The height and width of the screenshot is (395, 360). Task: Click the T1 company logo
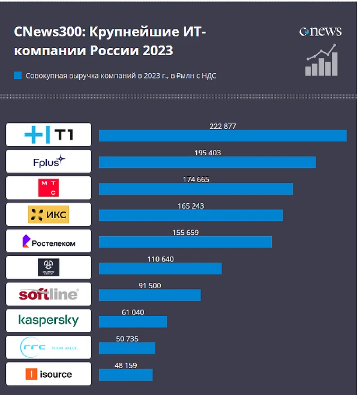pyautogui.click(x=49, y=135)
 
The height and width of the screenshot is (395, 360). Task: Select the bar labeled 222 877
pyautogui.click(x=223, y=135)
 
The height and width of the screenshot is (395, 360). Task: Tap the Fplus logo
pyautogui.click(x=49, y=161)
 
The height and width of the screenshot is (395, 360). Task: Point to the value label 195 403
pyautogui.click(x=207, y=153)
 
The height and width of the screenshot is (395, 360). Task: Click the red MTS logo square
pyautogui.click(x=49, y=188)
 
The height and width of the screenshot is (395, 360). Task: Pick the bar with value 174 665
pyautogui.click(x=196, y=189)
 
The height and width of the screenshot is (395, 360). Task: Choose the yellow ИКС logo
pyautogui.click(x=49, y=215)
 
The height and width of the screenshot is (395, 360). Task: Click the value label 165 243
pyautogui.click(x=191, y=206)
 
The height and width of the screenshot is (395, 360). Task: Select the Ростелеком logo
pyautogui.click(x=49, y=241)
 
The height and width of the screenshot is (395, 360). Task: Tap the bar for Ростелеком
pyautogui.click(x=185, y=242)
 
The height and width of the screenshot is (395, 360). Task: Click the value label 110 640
pyautogui.click(x=161, y=259)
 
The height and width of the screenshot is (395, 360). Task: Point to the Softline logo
pyautogui.click(x=49, y=294)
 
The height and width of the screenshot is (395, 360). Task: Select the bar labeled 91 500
pyautogui.click(x=150, y=295)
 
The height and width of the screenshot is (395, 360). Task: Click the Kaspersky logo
pyautogui.click(x=49, y=320)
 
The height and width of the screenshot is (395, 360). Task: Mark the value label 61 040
pyautogui.click(x=133, y=312)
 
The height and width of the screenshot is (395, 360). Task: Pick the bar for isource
pyautogui.click(x=126, y=375)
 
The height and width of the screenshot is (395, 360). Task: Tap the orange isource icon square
pyautogui.click(x=31, y=374)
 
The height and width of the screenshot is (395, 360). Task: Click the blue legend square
pyautogui.click(x=18, y=76)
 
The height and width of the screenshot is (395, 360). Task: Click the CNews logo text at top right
pyautogui.click(x=320, y=31)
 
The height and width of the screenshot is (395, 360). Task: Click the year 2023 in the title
pyautogui.click(x=158, y=50)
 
